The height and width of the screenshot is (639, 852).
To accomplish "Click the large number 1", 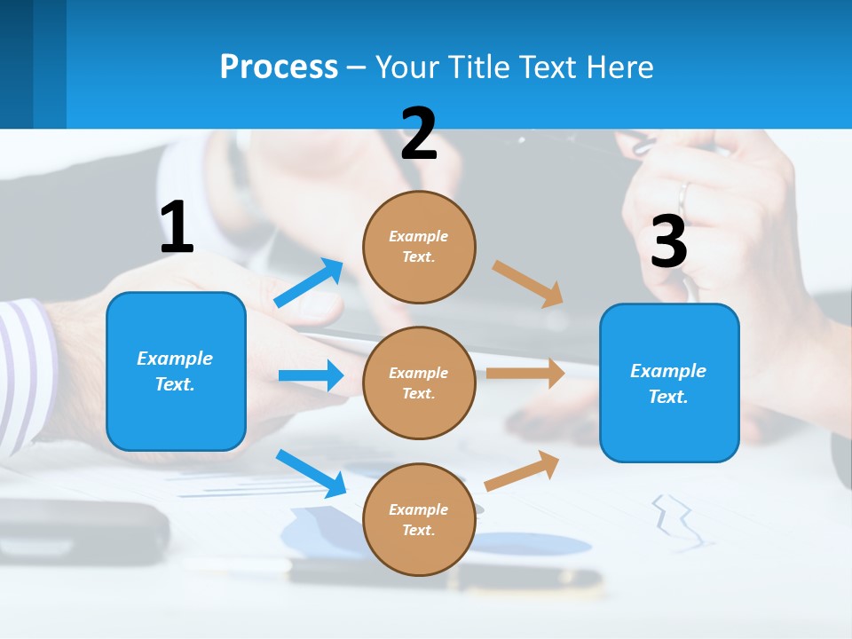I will click(177, 228).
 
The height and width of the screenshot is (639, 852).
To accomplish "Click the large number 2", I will click(419, 134).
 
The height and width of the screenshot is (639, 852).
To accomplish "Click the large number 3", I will click(669, 242).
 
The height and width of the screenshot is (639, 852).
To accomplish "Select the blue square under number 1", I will click(176, 371).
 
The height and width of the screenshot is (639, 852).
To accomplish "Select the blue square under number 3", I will click(669, 383).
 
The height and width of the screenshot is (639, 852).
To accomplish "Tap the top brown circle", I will click(419, 246).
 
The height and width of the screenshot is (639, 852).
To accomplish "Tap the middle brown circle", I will click(419, 383).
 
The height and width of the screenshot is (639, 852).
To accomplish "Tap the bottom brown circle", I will click(419, 519).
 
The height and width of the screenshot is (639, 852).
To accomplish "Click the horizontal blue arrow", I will click(311, 375).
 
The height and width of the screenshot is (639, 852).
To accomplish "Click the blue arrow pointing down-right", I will click(311, 472).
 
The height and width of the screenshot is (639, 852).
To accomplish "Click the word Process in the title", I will click(279, 67).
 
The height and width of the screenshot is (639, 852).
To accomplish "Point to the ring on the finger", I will click(683, 194).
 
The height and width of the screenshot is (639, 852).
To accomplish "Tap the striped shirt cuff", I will click(22, 373).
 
